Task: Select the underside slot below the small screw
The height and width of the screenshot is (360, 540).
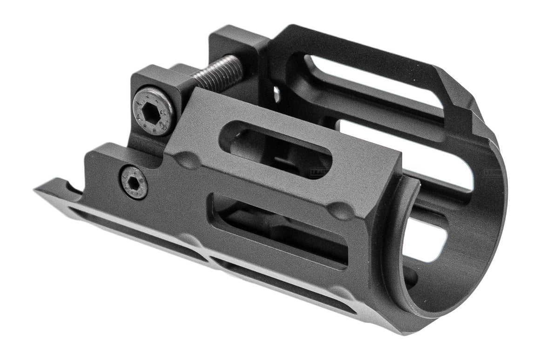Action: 135,233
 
